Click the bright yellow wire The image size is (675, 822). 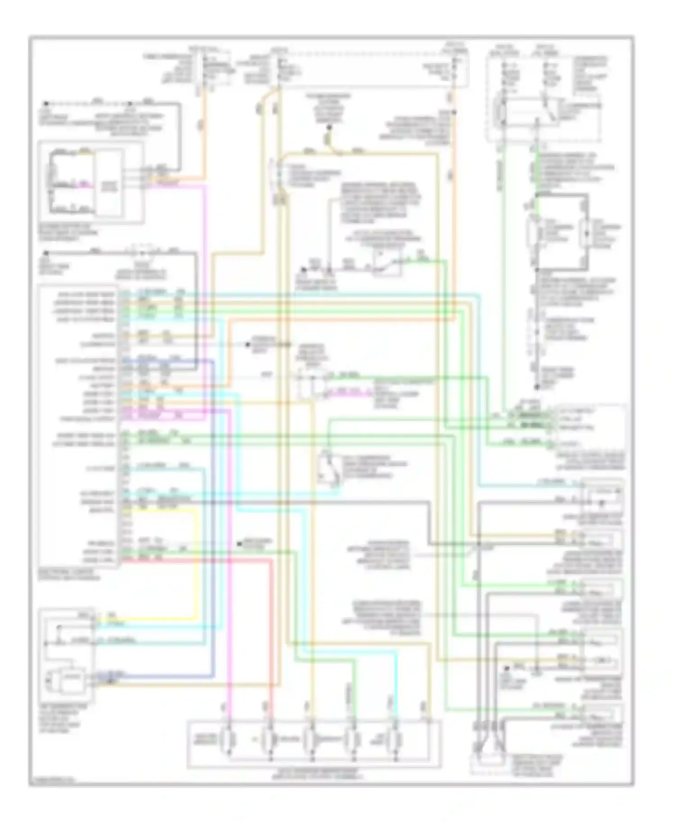(x=196, y=562)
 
